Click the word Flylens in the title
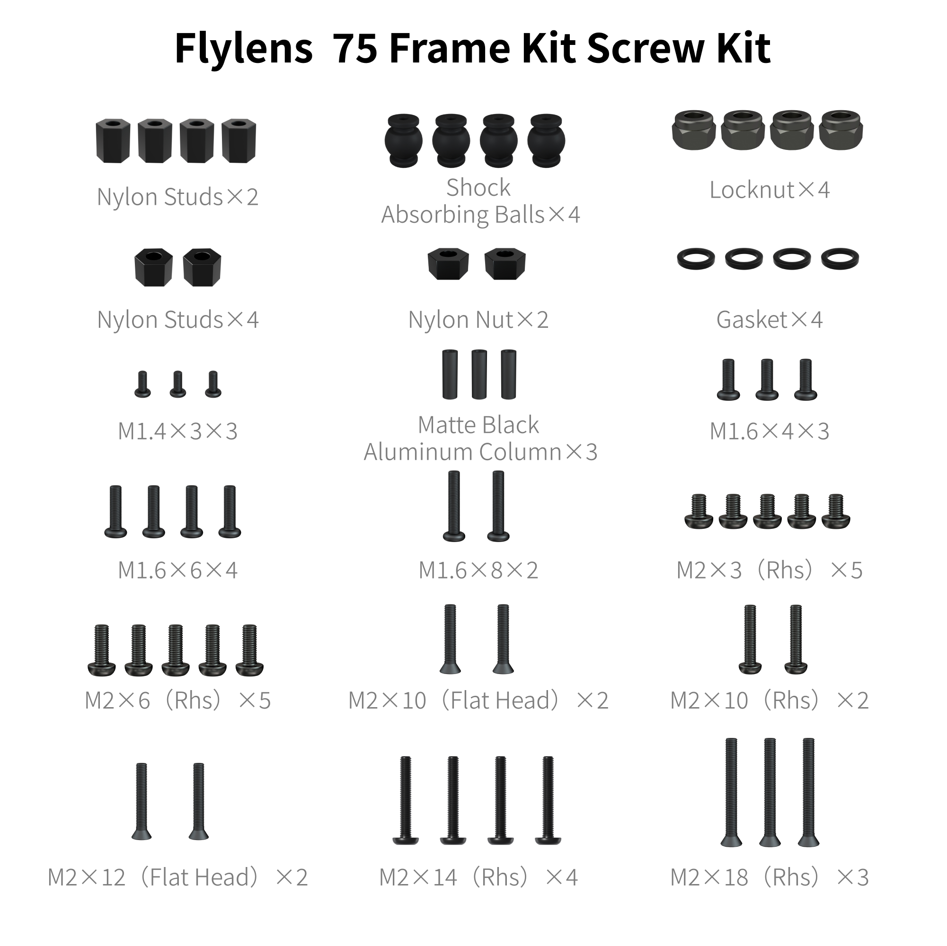point(244,49)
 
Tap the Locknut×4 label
point(769,190)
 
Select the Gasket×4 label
point(769,320)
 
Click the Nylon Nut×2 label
point(478,320)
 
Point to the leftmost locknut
point(694,130)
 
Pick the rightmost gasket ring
point(840,259)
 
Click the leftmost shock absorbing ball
point(403,140)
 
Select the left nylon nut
point(448,263)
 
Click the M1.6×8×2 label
point(478,570)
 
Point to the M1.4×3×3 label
point(177,431)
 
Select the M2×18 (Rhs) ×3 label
point(769,877)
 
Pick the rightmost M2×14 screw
point(548,800)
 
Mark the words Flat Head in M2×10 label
point(500,701)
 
